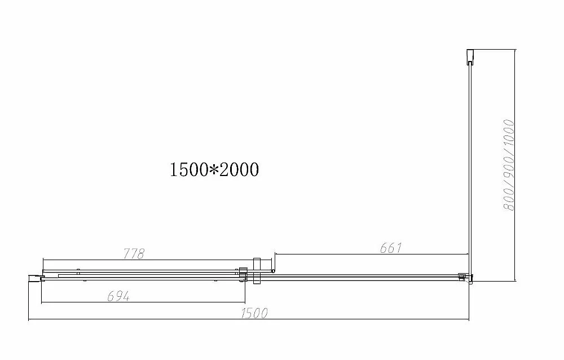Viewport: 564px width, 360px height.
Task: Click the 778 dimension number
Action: (134, 253)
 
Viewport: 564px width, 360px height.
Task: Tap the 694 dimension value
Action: (118, 296)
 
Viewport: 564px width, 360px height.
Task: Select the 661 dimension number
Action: (390, 248)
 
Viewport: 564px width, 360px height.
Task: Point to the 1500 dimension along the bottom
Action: (254, 313)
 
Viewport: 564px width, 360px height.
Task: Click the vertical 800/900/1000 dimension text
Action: (509, 165)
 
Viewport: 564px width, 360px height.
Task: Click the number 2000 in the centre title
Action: (239, 169)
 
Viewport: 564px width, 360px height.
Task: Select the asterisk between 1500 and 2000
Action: (214, 170)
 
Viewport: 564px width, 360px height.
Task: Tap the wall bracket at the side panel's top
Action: (470, 57)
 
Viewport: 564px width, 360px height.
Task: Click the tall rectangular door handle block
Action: (257, 271)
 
